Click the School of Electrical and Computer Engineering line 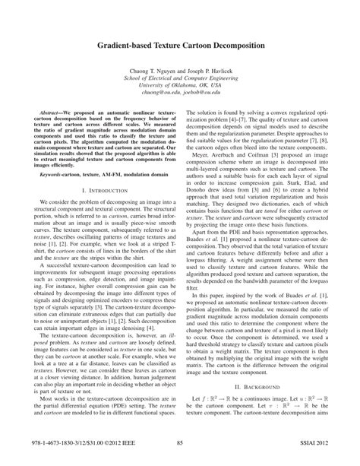click(180, 77)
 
